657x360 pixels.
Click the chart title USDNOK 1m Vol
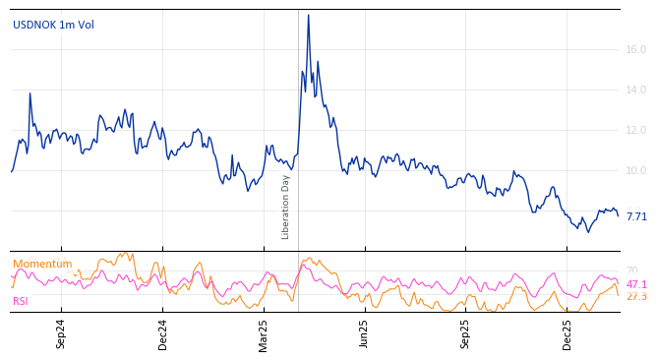53,26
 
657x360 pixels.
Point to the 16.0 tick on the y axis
636,49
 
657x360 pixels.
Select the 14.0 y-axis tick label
636,90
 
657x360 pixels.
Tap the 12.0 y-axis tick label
636,131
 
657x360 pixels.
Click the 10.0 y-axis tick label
636,171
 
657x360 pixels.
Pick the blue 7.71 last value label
636,216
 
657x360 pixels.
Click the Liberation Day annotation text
286,207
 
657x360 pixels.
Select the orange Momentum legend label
42,265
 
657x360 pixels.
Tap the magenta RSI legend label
21,301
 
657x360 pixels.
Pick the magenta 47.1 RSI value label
636,284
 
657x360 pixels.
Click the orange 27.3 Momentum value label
636,296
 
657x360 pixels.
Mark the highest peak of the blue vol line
308,15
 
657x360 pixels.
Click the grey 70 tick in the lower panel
632,270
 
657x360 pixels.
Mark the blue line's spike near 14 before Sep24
30,93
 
